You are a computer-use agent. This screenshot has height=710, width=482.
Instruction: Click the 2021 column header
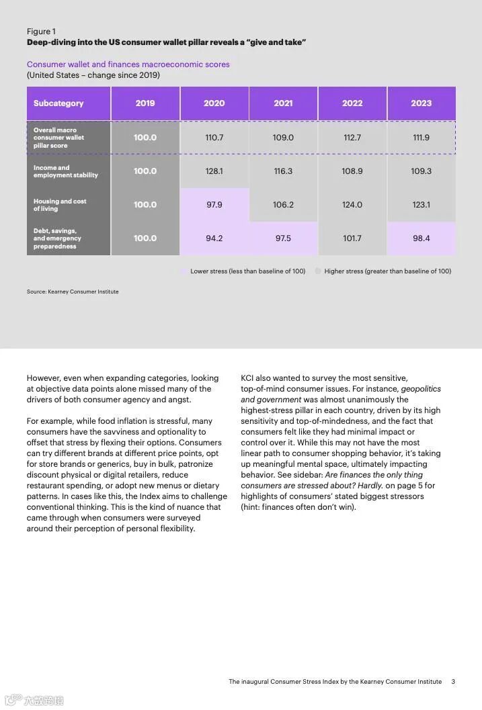(x=283, y=103)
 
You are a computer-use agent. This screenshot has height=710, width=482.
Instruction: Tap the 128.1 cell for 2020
(x=214, y=171)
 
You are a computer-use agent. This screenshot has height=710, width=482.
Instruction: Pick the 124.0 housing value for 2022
(x=352, y=205)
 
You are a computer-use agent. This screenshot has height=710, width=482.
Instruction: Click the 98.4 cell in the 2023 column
(x=421, y=238)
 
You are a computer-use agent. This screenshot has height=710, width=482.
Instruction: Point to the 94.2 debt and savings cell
(x=214, y=238)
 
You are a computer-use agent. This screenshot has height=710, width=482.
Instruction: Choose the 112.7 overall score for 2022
(x=352, y=138)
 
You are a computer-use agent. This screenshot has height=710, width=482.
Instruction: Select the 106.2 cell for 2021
(x=283, y=205)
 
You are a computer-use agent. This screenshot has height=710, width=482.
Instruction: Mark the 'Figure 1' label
(x=42, y=32)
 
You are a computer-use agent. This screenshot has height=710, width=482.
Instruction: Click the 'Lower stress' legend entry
(x=247, y=271)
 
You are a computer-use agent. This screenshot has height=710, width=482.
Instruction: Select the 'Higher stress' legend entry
(x=387, y=271)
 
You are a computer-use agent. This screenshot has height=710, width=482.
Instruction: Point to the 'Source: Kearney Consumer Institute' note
(x=73, y=292)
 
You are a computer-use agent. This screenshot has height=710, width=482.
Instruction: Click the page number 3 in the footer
(x=453, y=682)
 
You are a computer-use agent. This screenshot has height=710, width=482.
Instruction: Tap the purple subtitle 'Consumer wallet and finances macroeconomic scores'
(x=128, y=64)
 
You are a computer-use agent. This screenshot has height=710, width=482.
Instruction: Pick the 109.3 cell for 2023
(x=421, y=171)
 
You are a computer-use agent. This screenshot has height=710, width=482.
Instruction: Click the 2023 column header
(x=421, y=103)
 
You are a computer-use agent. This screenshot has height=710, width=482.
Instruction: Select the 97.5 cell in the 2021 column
(x=283, y=238)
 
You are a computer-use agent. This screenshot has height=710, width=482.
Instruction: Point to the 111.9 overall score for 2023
(x=421, y=138)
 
